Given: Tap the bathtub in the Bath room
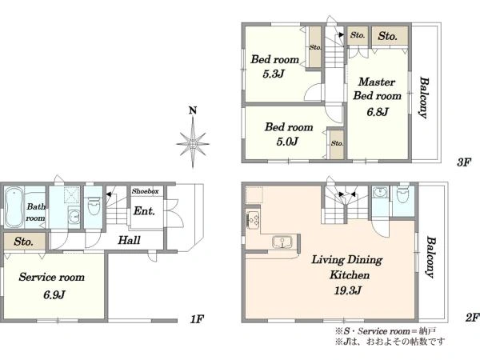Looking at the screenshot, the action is tap(14, 207).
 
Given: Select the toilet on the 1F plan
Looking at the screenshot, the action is tap(94, 206).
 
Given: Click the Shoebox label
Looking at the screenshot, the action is tap(146, 191).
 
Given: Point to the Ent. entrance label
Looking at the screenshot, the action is tap(144, 211).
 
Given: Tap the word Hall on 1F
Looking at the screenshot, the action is tap(129, 240).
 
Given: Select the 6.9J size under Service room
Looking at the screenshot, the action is tap(54, 294).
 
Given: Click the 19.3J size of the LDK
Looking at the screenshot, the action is tap(348, 290).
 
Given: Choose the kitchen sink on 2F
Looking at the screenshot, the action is tap(282, 242).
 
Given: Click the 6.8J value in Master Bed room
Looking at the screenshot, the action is tap(378, 112).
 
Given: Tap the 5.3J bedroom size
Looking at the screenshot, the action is tap(274, 74).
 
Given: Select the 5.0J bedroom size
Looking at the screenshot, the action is tap(287, 142).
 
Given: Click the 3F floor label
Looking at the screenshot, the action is tap(463, 162).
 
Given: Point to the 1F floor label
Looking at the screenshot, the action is tap(197, 319).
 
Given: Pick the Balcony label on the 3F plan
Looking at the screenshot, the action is tap(423, 98).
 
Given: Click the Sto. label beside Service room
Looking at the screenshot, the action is tap(23, 242).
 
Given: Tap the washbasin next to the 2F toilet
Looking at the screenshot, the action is tap(379, 193).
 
